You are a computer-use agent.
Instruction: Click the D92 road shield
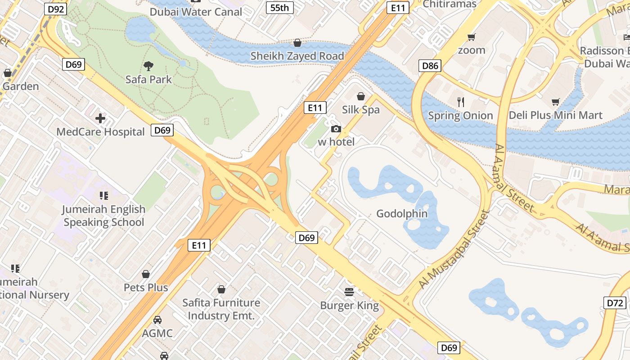click(55, 9)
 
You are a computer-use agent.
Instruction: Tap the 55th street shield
click(279, 8)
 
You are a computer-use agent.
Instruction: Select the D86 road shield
click(430, 66)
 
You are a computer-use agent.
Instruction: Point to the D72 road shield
click(615, 303)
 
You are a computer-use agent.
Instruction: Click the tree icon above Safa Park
click(148, 67)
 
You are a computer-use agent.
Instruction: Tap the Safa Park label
click(148, 80)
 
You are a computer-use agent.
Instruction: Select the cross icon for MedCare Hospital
click(100, 118)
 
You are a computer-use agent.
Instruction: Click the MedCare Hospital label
click(100, 132)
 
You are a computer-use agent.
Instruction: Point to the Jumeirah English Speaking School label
click(104, 216)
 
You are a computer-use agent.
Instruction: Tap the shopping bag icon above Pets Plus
click(146, 274)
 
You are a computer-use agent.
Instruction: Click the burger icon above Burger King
click(349, 292)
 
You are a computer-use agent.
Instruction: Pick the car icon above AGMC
click(157, 320)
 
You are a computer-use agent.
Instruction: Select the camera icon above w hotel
click(336, 129)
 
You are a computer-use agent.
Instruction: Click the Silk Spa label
click(360, 110)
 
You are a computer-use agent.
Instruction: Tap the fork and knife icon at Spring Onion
click(460, 102)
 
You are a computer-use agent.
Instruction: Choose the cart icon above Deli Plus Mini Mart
click(556, 102)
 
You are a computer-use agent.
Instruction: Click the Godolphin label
click(402, 213)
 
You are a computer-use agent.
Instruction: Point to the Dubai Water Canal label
click(196, 12)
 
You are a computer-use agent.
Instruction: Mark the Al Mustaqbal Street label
click(454, 250)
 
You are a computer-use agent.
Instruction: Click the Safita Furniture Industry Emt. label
click(221, 309)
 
